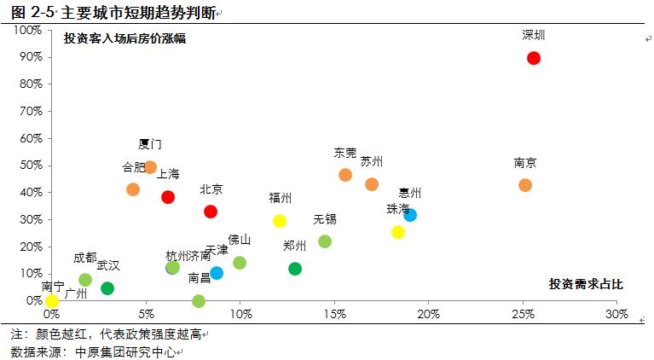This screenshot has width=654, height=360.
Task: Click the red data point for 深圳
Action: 534,58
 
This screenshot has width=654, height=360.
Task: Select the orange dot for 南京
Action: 525,185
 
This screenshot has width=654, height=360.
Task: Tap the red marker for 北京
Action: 211,212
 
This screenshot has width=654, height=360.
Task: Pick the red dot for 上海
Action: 168,197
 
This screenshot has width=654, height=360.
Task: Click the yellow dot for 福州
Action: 280,221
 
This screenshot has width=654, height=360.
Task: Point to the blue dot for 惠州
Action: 410,215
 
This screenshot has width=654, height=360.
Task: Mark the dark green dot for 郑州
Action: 295,269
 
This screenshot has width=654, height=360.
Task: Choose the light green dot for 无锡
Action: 325,241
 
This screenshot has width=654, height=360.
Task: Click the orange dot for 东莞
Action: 345,175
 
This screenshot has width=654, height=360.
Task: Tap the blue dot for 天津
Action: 217,273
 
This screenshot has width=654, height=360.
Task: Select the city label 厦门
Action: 150,144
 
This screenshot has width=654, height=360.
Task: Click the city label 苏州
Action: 372,161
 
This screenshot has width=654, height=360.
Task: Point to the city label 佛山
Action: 240,240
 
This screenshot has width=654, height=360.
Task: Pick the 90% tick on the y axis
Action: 30,57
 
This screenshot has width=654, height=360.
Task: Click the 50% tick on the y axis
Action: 30,165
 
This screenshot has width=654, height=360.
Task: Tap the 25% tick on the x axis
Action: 523,314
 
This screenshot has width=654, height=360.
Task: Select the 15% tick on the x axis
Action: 334,314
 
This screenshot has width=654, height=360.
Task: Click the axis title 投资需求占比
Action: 586,284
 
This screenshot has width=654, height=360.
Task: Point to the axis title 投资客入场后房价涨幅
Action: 124,38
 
